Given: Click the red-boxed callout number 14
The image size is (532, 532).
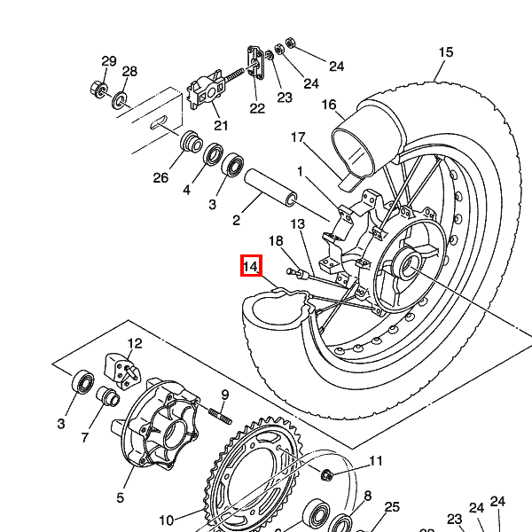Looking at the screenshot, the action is click(251, 266).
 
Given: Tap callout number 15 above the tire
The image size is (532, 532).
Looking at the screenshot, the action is click(445, 52).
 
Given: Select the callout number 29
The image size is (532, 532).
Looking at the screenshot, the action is click(109, 61).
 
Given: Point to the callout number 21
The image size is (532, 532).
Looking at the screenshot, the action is click(221, 126).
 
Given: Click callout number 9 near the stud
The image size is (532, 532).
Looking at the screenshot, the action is click(225, 395).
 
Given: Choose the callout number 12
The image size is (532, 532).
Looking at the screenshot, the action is click(135, 343).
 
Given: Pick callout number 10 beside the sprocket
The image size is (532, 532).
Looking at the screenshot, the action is click(167, 520).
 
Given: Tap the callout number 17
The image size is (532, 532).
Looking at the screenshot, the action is click(298, 137).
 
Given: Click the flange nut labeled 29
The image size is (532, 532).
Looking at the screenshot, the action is click(99, 89).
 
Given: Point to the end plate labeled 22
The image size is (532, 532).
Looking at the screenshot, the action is click(255, 63).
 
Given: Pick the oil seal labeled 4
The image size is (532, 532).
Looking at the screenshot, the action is click(213, 154).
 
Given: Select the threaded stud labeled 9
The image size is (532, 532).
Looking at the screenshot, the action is click(220, 417).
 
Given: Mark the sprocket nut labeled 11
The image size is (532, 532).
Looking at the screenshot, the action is click(326, 474).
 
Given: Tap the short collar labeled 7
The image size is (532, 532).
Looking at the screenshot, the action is click(108, 395).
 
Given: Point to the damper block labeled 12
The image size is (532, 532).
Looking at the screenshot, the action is click(121, 372).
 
